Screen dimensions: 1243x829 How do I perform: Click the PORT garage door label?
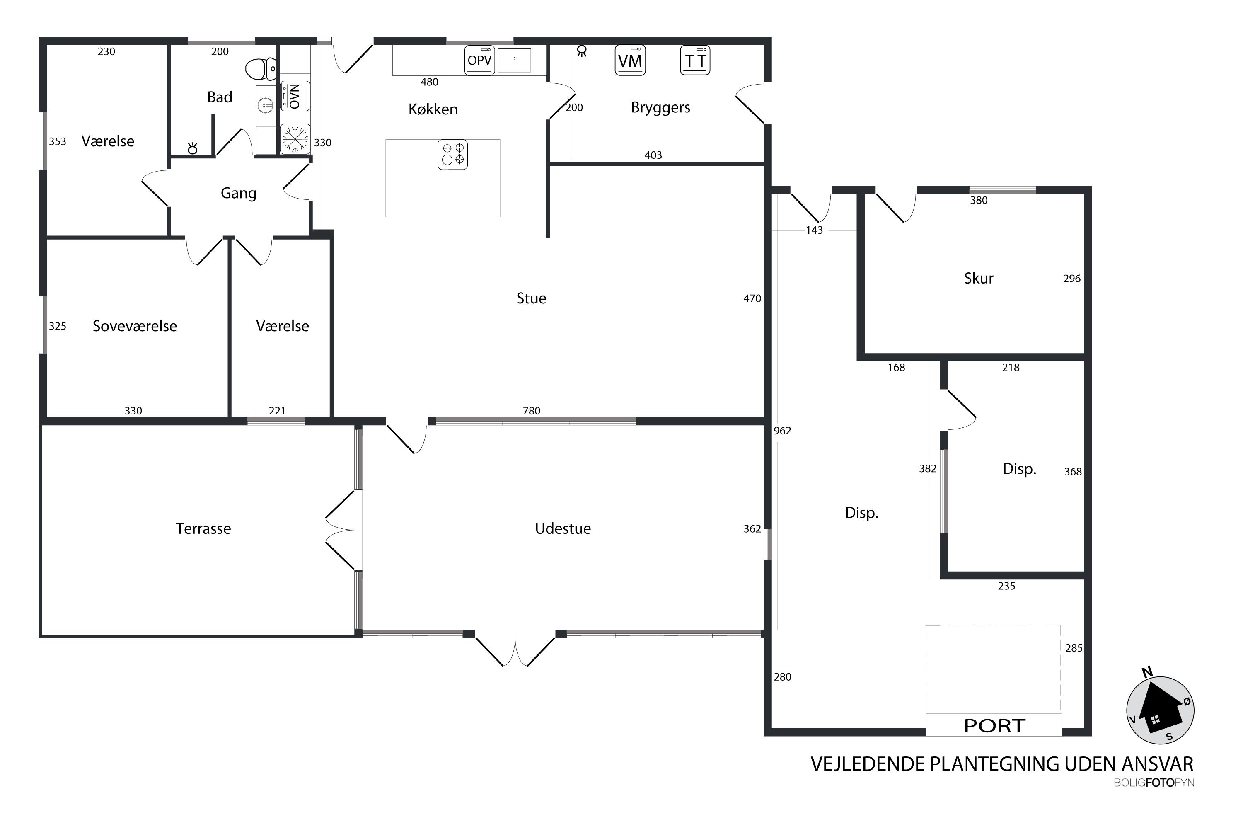[x=995, y=726]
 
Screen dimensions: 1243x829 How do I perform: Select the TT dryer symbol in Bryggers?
[x=695, y=60]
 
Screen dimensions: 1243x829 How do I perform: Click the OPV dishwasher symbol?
[x=480, y=60]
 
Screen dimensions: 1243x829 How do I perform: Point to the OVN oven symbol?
[x=295, y=96]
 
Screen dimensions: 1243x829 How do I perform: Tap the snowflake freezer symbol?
[x=295, y=138]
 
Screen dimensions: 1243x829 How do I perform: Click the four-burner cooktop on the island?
[x=453, y=154]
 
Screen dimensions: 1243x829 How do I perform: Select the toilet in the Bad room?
[x=261, y=69]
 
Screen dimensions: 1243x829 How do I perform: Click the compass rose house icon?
[x=1161, y=710]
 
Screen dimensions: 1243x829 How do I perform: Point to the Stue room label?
[x=531, y=298]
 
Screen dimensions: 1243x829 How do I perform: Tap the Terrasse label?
[x=203, y=529]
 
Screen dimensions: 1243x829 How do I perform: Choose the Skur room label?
[x=979, y=278]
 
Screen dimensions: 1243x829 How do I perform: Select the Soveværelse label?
[x=135, y=326]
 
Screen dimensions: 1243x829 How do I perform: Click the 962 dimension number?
[x=782, y=431]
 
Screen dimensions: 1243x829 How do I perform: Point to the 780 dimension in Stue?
[x=532, y=411]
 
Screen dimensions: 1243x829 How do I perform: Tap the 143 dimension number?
[x=815, y=230]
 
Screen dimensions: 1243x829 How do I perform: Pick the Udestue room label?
[x=563, y=529]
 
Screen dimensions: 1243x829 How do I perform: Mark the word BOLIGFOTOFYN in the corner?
[x=1154, y=783]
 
